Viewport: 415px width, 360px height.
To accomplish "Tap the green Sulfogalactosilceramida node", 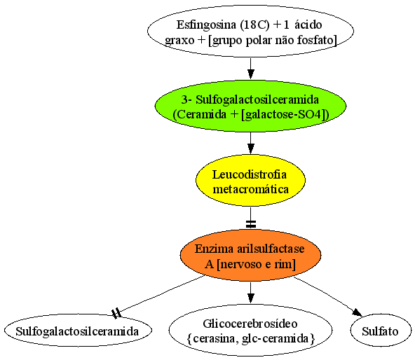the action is [x=250, y=106].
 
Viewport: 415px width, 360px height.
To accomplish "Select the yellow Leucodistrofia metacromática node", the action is [x=250, y=181].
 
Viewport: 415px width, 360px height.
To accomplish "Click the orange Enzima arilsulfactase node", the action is [x=250, y=255].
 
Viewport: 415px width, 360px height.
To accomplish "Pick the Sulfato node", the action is [x=381, y=331].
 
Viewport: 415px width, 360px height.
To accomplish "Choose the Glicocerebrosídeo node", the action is [x=250, y=331].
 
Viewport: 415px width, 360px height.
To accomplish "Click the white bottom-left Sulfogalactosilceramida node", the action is [x=78, y=331].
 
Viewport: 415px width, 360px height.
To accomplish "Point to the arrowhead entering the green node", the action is [x=251, y=74].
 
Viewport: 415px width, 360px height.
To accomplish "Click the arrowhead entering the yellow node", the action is [x=251, y=148].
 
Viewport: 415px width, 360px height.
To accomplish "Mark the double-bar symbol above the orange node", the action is [x=251, y=224].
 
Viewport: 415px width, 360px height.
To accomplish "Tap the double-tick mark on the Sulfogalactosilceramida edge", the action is [x=116, y=313].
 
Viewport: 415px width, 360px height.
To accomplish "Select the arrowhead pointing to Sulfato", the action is [x=358, y=312].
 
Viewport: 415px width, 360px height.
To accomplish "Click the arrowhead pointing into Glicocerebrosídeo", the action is [x=251, y=298].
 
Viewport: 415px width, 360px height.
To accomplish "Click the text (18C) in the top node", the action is [x=254, y=25].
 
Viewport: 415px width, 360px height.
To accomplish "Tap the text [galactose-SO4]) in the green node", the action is [x=285, y=115].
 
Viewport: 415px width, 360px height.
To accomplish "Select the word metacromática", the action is [x=251, y=189].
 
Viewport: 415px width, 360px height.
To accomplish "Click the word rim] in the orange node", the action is [x=285, y=264].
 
